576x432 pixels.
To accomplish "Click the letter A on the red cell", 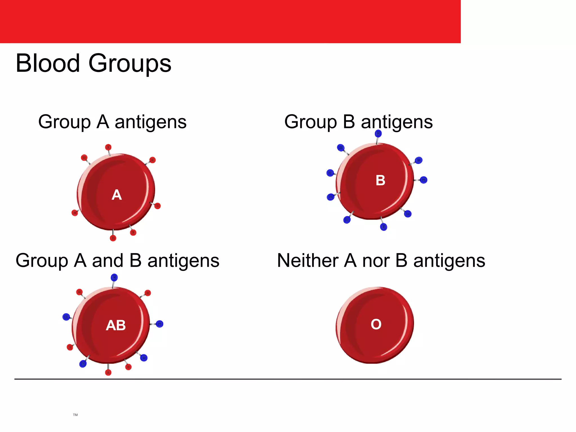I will [117, 195].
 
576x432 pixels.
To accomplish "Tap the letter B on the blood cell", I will [380, 180].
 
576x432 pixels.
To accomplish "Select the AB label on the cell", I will [116, 325].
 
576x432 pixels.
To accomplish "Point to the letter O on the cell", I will [376, 324].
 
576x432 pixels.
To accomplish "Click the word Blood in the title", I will [48, 63].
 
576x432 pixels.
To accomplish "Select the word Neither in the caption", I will [307, 260].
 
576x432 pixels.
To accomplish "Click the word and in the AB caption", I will [108, 260].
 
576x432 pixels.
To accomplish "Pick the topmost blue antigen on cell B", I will [378, 133].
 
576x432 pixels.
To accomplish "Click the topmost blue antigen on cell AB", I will [114, 278].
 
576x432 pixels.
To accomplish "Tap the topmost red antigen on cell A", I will [108, 147].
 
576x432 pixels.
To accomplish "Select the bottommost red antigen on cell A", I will [113, 238].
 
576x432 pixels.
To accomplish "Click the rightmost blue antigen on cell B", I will [424, 180].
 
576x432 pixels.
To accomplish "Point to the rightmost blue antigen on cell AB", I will [159, 324].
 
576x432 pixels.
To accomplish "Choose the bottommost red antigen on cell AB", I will [108, 373].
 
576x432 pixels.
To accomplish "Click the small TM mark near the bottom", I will [75, 415].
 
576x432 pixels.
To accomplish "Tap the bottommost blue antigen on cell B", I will [384, 227].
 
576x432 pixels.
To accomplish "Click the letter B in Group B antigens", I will [349, 122].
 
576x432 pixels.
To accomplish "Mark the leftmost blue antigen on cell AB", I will [66, 317].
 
